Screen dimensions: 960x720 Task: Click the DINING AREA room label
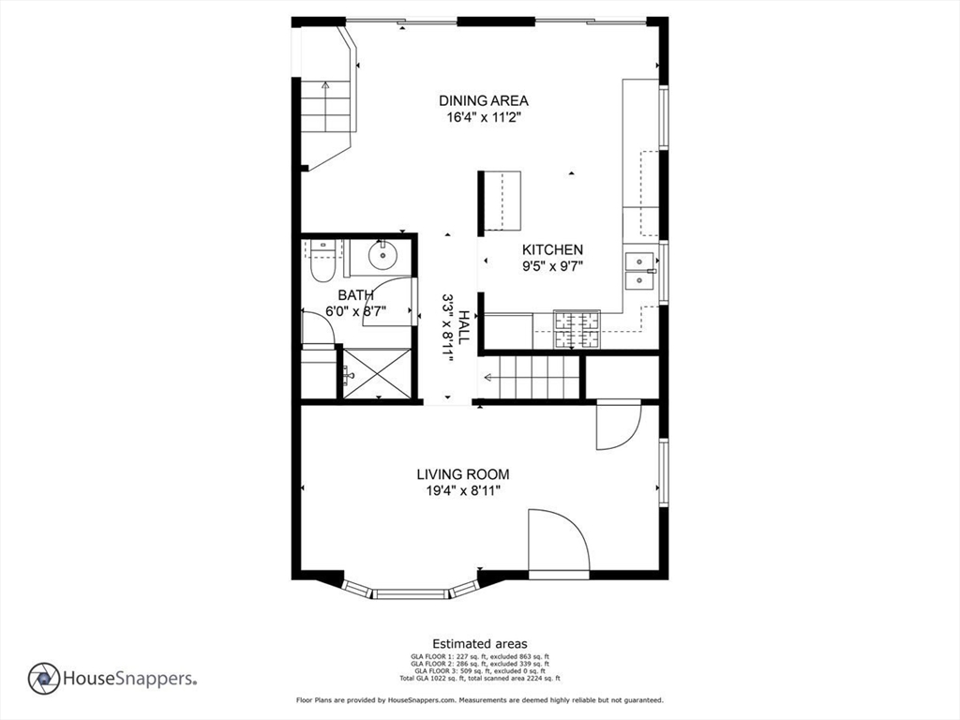(484, 100)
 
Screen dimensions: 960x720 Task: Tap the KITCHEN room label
(552, 249)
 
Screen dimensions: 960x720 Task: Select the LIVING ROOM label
(463, 474)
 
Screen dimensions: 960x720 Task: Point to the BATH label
(355, 295)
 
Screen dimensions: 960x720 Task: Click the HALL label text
(464, 327)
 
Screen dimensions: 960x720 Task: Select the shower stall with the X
(377, 373)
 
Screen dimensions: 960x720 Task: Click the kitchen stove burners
(577, 330)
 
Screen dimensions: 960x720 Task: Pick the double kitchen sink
(639, 271)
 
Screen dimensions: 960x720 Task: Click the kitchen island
(500, 201)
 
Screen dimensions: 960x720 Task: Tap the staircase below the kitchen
(531, 377)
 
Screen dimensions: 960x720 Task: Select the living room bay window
(411, 589)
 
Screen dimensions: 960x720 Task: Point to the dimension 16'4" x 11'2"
(484, 117)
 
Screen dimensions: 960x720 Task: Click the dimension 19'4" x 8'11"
(463, 491)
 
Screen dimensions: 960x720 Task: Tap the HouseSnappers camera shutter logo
(44, 679)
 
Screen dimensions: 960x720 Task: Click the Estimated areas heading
(480, 643)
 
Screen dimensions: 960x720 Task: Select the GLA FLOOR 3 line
(480, 670)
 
